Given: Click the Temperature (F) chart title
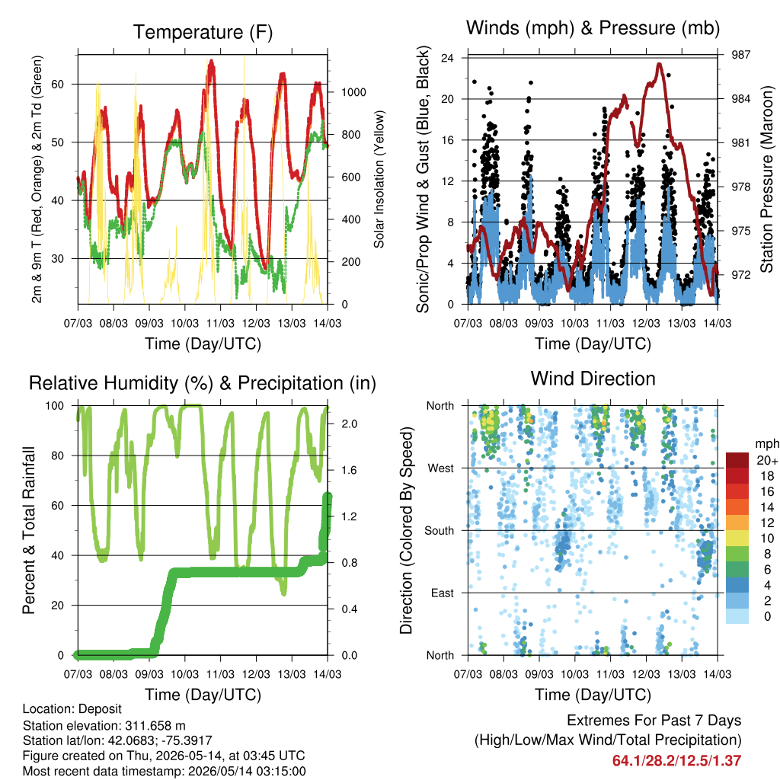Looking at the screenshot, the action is click(x=203, y=32).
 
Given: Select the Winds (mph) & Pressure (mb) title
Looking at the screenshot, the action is click(x=593, y=28).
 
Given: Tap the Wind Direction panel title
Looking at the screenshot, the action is click(x=593, y=379).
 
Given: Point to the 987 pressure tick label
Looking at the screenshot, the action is click(x=740, y=55).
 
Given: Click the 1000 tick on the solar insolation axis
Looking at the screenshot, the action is click(x=353, y=92).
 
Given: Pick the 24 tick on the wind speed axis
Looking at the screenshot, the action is click(x=447, y=58).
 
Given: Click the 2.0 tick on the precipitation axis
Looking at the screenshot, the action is click(x=350, y=424).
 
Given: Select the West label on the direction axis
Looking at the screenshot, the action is click(x=441, y=468).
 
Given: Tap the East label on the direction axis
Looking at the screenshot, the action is click(x=443, y=593).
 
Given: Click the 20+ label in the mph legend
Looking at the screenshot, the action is click(x=767, y=460).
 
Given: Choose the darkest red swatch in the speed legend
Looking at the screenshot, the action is click(x=737, y=460).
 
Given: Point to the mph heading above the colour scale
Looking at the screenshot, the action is click(x=767, y=444).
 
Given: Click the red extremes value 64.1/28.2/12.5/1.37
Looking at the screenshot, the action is click(x=676, y=761).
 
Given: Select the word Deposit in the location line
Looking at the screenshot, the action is click(x=100, y=709).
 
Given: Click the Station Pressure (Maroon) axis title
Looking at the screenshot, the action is click(x=766, y=179).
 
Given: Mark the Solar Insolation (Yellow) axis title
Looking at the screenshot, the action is click(x=379, y=179).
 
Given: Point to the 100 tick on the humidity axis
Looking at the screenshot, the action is click(x=55, y=406).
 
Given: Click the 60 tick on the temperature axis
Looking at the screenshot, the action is click(x=58, y=84).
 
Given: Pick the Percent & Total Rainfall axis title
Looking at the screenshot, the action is click(x=29, y=530).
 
